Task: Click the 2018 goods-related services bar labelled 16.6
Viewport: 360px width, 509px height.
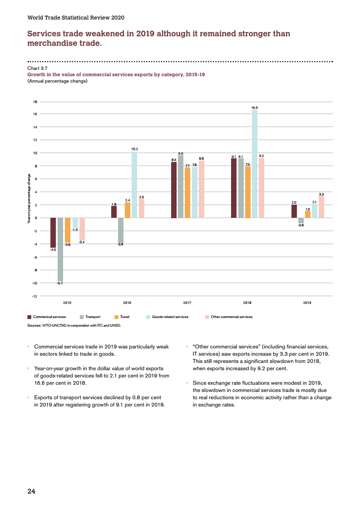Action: [x=255, y=164]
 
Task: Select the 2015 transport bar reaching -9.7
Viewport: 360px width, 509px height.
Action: [x=60, y=250]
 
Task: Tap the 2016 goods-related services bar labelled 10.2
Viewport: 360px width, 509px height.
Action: [x=134, y=185]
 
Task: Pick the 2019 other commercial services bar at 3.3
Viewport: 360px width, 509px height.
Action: [x=321, y=207]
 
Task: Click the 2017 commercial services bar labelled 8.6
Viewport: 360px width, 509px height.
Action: [x=174, y=190]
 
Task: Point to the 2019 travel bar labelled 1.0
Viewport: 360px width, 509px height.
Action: [x=308, y=215]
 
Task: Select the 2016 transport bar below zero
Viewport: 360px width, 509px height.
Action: [x=121, y=230]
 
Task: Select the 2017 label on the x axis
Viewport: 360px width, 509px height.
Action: [x=187, y=303]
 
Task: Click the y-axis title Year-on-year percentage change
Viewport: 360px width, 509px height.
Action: [x=29, y=199]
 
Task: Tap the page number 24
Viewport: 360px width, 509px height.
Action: [x=31, y=491]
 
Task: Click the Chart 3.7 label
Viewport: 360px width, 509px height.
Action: [x=37, y=68]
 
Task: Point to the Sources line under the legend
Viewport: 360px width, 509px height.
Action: [x=74, y=325]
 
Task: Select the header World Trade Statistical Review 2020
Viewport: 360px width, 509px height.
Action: [x=76, y=18]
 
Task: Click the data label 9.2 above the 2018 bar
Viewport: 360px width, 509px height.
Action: [x=261, y=156]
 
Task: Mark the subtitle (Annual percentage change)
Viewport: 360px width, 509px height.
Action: [x=57, y=81]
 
